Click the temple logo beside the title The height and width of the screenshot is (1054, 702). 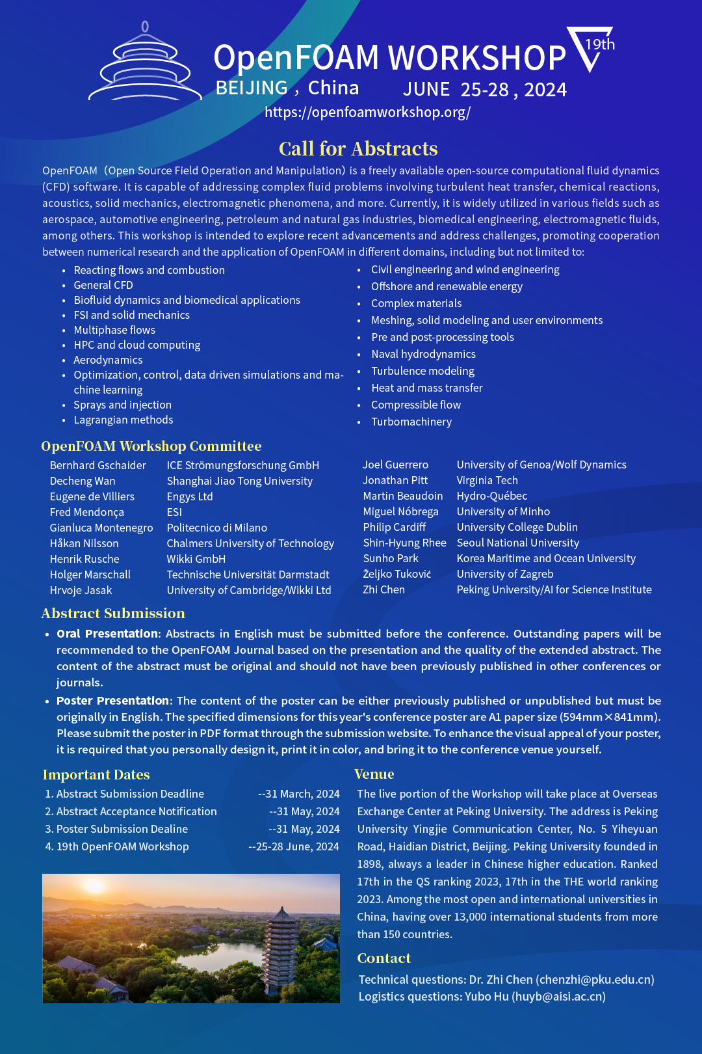[145, 65]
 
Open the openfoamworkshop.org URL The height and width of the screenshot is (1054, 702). [367, 113]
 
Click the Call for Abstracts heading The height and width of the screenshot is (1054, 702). [358, 149]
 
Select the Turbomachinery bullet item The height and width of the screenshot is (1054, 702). [411, 422]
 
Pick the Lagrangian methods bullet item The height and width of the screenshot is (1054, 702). [123, 420]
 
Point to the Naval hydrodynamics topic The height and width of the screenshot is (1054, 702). [423, 354]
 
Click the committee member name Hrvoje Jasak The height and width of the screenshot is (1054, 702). [81, 590]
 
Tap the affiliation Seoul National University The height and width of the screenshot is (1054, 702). [517, 543]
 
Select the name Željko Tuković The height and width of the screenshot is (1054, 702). [396, 574]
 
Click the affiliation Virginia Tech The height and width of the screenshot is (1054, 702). [487, 480]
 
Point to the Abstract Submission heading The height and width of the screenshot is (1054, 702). [113, 614]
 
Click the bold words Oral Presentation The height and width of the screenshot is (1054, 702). [107, 634]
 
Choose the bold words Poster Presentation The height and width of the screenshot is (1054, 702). [112, 701]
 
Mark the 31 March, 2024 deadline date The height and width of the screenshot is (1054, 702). [302, 794]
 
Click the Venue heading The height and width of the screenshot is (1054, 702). [374, 774]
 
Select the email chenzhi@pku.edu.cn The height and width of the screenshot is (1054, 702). [595, 980]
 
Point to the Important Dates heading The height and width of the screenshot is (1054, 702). [96, 775]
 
